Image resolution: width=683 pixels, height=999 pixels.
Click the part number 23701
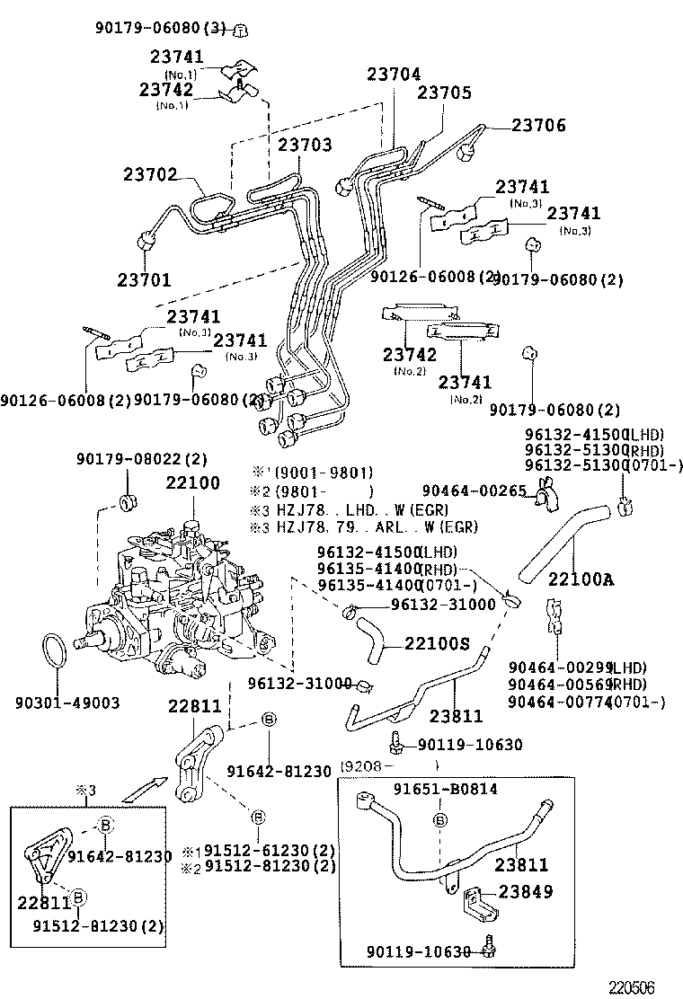144,279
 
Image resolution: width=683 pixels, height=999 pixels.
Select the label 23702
150,175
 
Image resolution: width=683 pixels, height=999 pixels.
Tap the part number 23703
304,144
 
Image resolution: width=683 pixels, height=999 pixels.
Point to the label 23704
394,76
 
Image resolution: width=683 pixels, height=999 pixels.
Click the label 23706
539,126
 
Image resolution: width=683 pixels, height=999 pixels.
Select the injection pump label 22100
192,483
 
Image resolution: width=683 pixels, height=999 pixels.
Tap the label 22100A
581,579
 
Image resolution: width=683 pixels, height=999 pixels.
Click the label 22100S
437,643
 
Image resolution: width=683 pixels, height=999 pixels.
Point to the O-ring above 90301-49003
54,651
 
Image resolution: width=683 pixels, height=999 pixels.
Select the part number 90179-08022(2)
142,459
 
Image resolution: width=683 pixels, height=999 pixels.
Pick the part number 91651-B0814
446,789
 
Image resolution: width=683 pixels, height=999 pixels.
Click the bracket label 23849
526,892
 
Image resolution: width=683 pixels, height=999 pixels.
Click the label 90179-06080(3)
159,29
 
